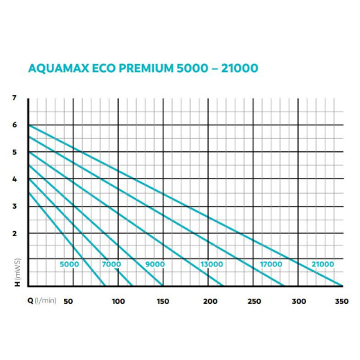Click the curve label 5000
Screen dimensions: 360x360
point(69,265)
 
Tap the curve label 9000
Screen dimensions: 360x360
point(155,265)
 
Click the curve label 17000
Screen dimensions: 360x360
point(271,265)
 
